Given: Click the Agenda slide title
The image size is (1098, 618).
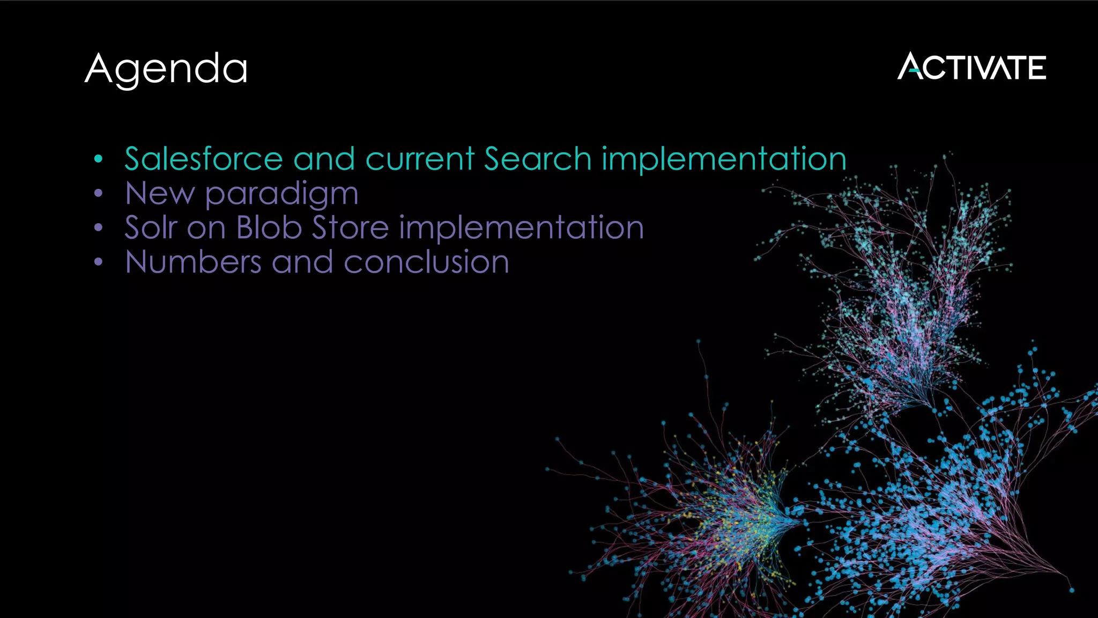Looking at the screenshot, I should pyautogui.click(x=166, y=69).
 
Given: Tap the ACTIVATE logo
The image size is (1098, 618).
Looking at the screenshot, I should pyautogui.click(x=971, y=67).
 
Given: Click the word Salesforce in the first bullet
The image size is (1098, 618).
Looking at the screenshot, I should pyautogui.click(x=204, y=159).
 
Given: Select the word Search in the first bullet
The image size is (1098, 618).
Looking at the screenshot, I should pyautogui.click(x=537, y=159).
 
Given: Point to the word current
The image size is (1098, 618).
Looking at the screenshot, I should pyautogui.click(x=420, y=159).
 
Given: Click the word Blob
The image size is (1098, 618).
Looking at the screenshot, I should pyautogui.click(x=269, y=227).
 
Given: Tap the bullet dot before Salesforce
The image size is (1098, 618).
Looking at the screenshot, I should pyautogui.click(x=98, y=159).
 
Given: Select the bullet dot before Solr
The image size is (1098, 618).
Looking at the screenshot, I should pyautogui.click(x=98, y=227).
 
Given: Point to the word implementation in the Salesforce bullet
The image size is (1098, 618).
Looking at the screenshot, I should pyautogui.click(x=724, y=160).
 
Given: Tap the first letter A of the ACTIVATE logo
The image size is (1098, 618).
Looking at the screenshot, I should pyautogui.click(x=909, y=67).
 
